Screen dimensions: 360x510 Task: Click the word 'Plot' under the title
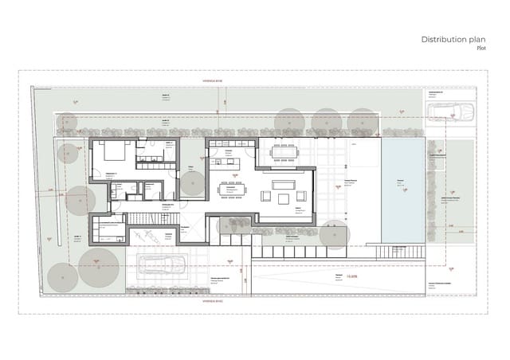(x=481, y=49)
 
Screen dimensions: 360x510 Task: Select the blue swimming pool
(x=402, y=190)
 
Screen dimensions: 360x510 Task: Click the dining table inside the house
(x=235, y=190)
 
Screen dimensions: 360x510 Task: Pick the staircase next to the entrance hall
(x=143, y=218)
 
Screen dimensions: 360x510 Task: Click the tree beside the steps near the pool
(x=338, y=237)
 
